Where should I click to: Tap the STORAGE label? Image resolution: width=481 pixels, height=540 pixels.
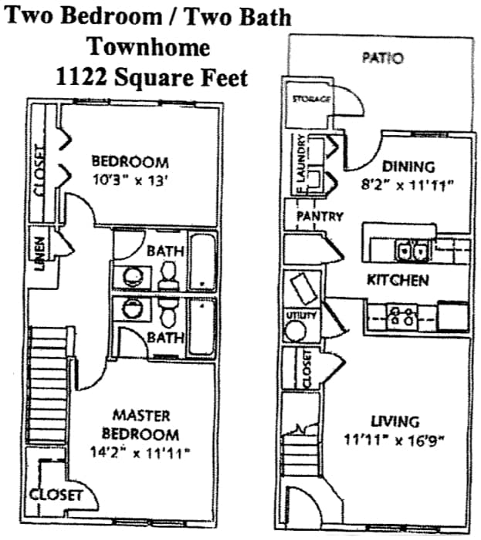[311, 99]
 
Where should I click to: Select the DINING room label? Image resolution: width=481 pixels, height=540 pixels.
[408, 166]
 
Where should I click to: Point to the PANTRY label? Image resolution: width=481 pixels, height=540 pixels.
[320, 217]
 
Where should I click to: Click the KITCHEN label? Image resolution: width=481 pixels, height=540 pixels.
[397, 280]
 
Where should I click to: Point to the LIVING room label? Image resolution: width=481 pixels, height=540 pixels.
[395, 421]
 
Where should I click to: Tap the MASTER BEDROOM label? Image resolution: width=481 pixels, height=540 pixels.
[141, 425]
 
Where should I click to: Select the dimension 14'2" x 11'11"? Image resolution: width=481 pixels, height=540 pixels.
[140, 453]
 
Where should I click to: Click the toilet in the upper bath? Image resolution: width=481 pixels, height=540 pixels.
[168, 276]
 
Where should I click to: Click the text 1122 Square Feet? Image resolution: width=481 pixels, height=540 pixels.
[151, 77]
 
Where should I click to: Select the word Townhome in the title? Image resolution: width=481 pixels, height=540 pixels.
[148, 47]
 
